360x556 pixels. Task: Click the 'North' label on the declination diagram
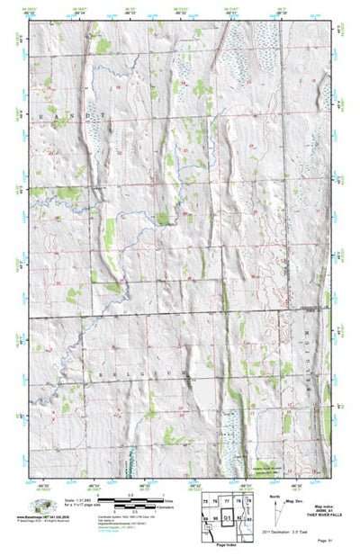click(x=272, y=495)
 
